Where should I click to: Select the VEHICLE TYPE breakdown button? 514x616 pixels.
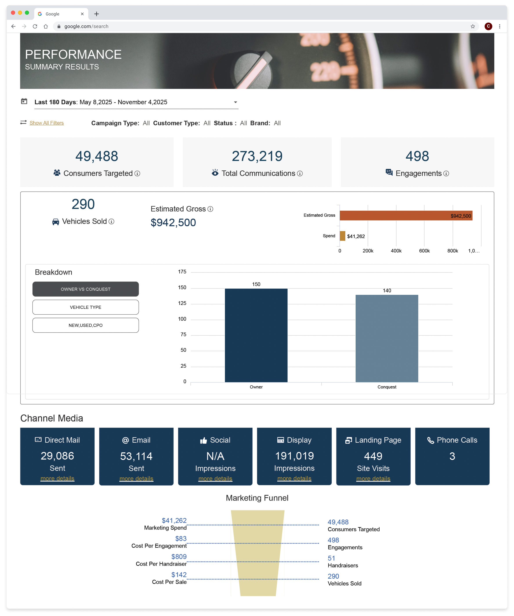click(x=85, y=307)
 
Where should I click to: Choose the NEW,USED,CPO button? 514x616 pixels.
click(x=85, y=325)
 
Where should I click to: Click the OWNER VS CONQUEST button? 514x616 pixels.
click(x=85, y=289)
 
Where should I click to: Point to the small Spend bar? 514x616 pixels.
click(x=342, y=236)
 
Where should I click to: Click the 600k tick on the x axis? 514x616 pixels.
click(x=424, y=251)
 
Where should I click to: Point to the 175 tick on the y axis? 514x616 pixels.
click(x=182, y=272)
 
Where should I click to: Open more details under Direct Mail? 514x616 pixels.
click(x=57, y=478)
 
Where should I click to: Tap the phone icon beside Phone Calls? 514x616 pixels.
click(x=431, y=440)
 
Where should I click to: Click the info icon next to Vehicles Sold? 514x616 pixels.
click(x=111, y=222)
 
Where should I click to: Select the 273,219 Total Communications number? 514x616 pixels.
click(x=257, y=156)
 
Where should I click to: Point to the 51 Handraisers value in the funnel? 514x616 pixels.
click(x=331, y=558)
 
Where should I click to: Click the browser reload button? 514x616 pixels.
click(x=35, y=26)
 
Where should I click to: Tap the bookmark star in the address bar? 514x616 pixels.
click(x=472, y=26)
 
